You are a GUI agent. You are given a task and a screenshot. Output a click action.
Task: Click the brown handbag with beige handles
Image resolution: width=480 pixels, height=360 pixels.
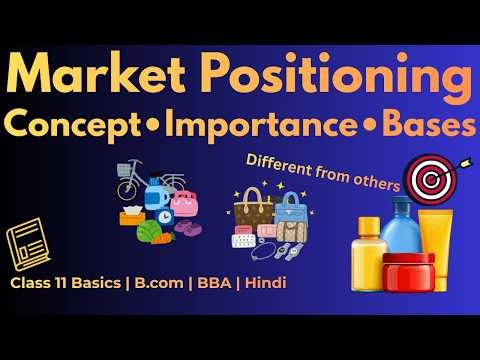pyautogui.click(x=253, y=209)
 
